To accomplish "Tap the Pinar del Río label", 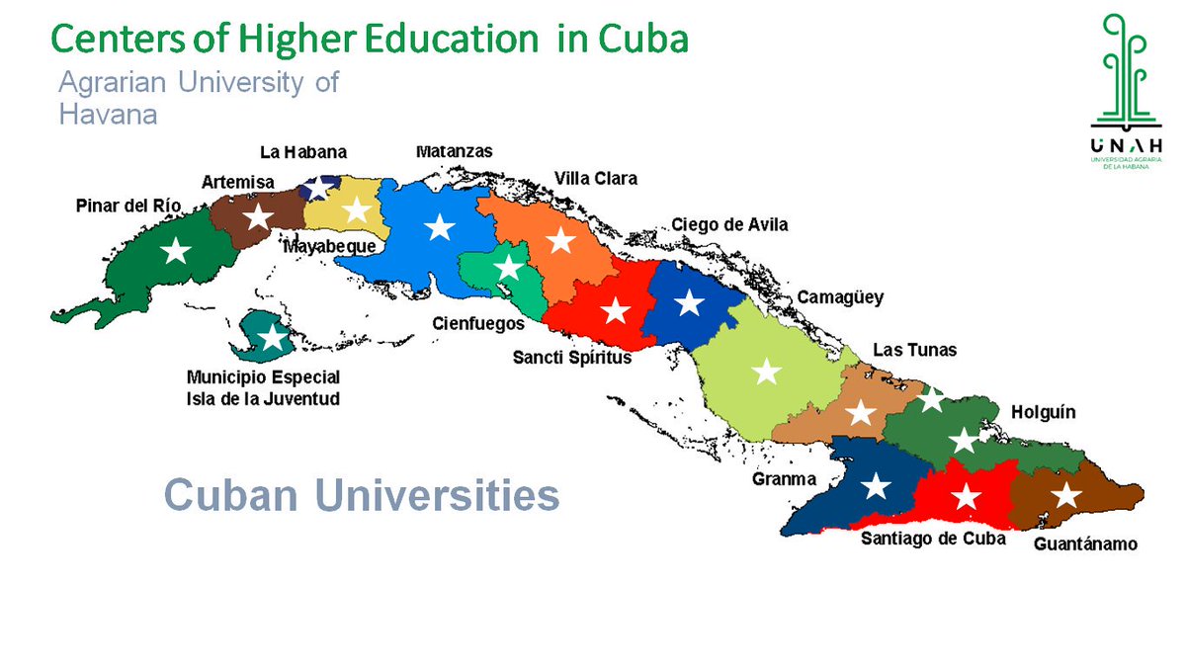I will [x=129, y=206].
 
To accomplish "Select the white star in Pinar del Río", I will [x=176, y=251].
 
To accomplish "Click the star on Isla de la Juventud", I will [x=272, y=339].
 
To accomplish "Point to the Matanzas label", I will [x=454, y=151].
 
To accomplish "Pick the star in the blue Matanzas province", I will [x=439, y=228].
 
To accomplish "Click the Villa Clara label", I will [x=595, y=179].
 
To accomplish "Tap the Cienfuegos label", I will [x=478, y=323].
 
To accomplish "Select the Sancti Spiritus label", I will [x=571, y=358].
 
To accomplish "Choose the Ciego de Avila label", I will [x=729, y=225].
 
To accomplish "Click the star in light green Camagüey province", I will [x=766, y=373].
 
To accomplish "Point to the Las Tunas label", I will [x=914, y=351].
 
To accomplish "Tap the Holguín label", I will [x=1043, y=412].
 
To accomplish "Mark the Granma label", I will [x=784, y=480].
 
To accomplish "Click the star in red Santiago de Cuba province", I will [x=966, y=496].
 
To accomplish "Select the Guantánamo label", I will [x=1085, y=544].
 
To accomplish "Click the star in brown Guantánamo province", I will [x=1064, y=494].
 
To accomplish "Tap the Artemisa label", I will [x=238, y=182].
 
